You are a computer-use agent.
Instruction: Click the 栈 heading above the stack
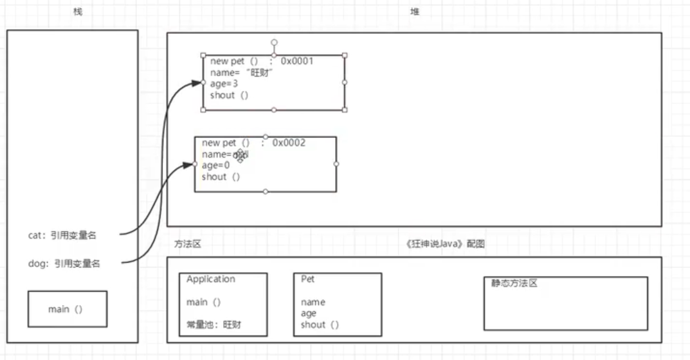pyautogui.click(x=78, y=12)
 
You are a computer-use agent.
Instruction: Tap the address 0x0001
pyautogui.click(x=297, y=62)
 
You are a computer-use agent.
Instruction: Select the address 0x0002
pyautogui.click(x=289, y=143)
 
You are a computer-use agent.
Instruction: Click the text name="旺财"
pyautogui.click(x=242, y=73)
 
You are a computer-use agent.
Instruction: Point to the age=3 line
pyautogui.click(x=224, y=84)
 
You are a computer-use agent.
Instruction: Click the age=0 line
pyautogui.click(x=215, y=165)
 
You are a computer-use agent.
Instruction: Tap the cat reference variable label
pyautogui.click(x=62, y=236)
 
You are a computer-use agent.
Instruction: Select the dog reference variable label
pyautogui.click(x=64, y=263)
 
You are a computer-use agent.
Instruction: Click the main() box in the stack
pyautogui.click(x=67, y=309)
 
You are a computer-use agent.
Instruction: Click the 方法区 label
pyautogui.click(x=188, y=244)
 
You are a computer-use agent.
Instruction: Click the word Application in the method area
pyautogui.click(x=211, y=279)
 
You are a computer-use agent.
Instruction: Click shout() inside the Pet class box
pyautogui.click(x=320, y=325)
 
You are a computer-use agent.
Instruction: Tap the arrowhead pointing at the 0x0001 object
pyautogui.click(x=197, y=83)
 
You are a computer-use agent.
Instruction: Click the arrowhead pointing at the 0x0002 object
pyautogui.click(x=190, y=165)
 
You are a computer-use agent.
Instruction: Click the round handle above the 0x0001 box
pyautogui.click(x=274, y=42)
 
